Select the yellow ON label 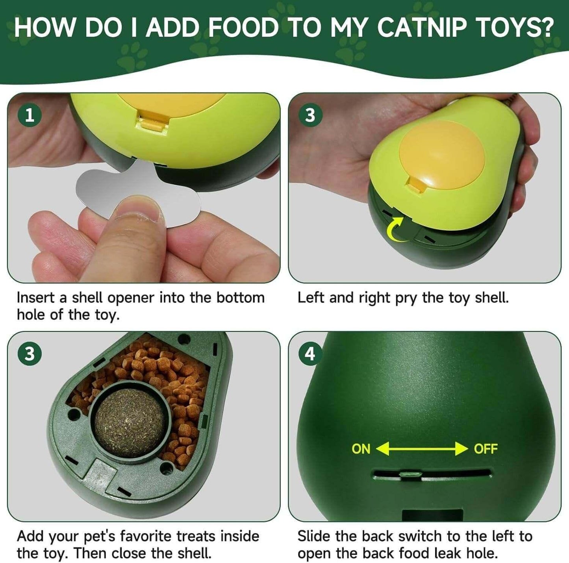pyautogui.click(x=361, y=449)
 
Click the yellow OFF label pyautogui.click(x=486, y=449)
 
